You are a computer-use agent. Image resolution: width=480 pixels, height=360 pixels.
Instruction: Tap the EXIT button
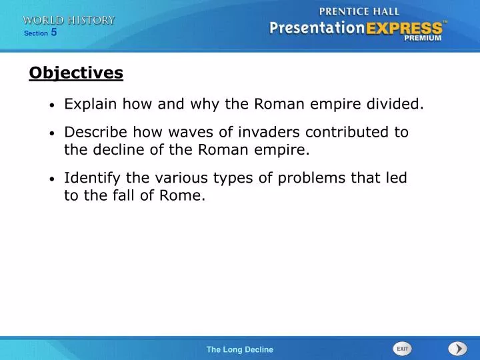402,349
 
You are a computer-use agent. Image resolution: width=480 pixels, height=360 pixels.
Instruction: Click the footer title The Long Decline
239,349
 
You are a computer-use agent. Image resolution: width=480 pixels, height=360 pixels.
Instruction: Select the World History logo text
68,21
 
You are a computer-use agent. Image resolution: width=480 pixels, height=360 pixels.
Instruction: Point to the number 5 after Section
54,32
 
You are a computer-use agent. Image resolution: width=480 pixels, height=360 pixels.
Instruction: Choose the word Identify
91,178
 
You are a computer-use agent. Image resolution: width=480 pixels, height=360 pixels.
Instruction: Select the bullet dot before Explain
52,105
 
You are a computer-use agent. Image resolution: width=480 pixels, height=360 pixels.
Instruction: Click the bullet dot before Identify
52,179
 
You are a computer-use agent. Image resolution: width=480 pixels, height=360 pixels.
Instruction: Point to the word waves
179,132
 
